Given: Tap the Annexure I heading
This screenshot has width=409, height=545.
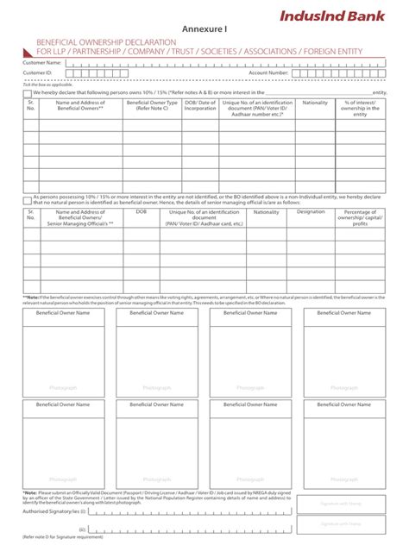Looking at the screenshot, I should pos(204,29).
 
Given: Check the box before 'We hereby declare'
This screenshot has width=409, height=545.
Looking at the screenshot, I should pos(28,91).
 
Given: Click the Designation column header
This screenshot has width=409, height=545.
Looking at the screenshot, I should pos(311,211).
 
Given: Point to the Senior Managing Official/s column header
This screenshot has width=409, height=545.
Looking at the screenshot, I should pos(80,222).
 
